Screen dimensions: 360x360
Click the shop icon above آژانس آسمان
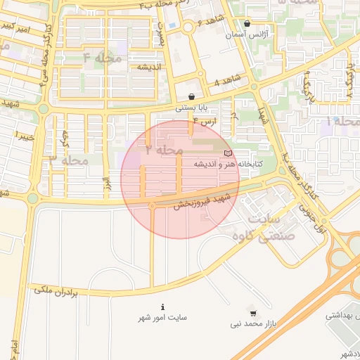click(x=246, y=23)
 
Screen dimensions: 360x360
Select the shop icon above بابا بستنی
click(x=191, y=97)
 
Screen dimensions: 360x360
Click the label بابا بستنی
click(x=191, y=108)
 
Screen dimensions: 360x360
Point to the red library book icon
click(x=226, y=153)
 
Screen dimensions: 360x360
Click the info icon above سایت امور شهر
click(x=163, y=307)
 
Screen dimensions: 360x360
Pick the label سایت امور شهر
click(x=162, y=318)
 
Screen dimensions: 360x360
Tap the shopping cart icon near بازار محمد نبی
click(x=253, y=314)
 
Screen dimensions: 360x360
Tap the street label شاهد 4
click(x=227, y=80)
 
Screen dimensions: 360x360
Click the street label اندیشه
click(x=150, y=67)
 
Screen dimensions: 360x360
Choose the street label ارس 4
click(x=205, y=122)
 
